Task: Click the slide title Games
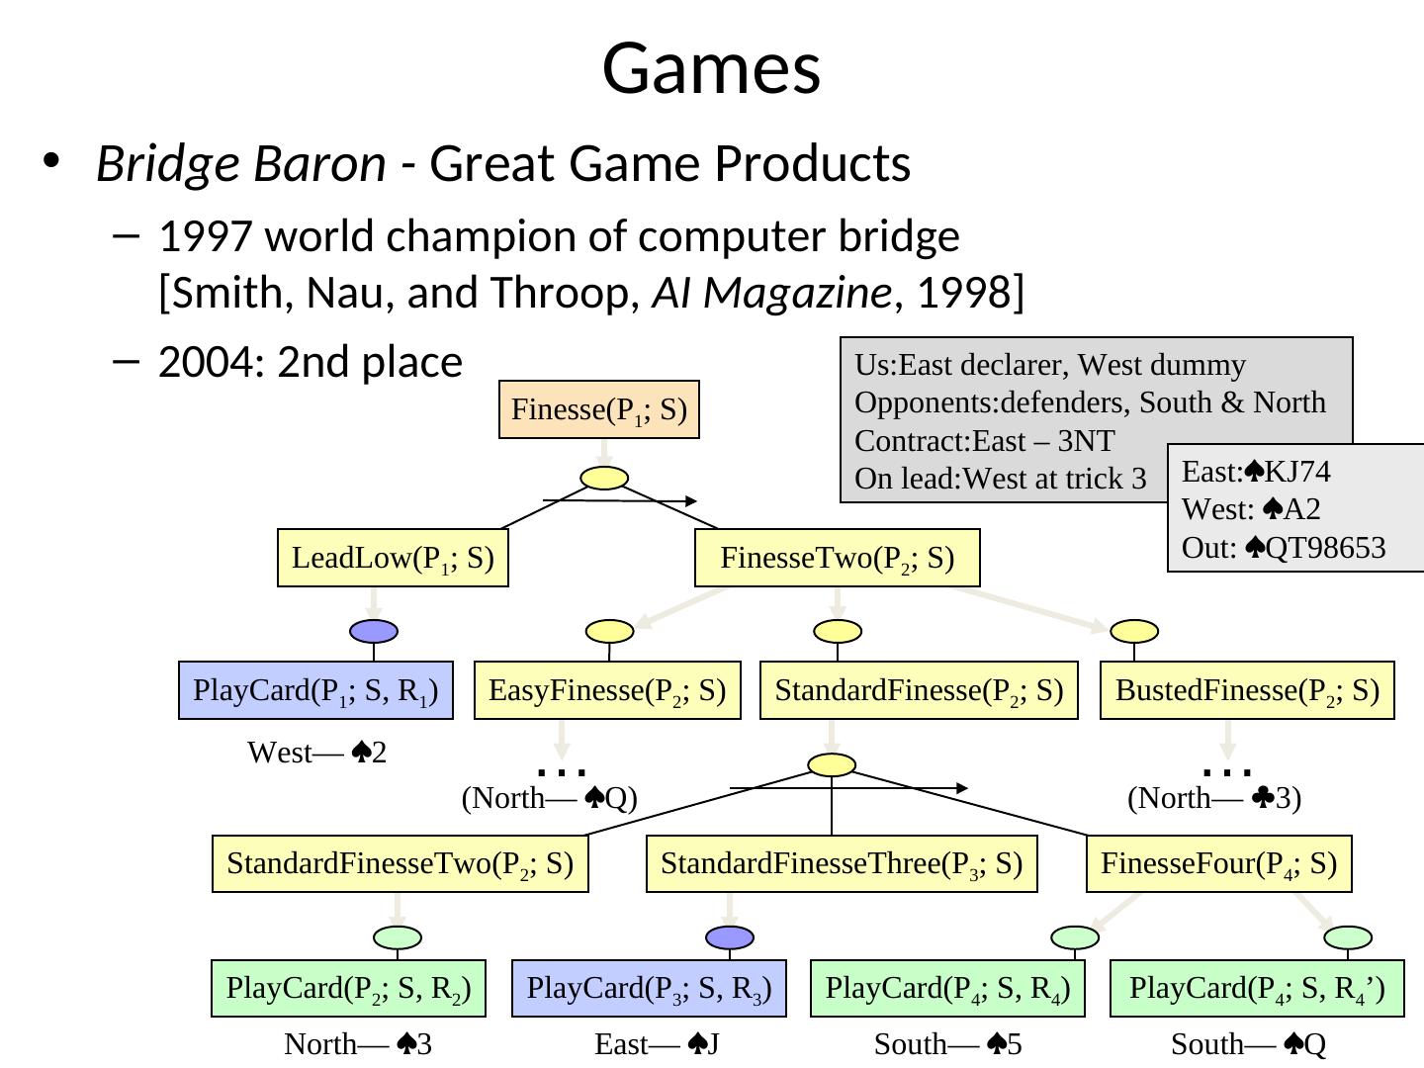pos(711,68)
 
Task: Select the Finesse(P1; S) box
pos(599,408)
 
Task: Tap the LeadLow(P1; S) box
pos(393,559)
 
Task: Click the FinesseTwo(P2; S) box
pos(837,559)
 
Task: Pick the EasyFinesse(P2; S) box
pos(607,689)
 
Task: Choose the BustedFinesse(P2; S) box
pos(1247,689)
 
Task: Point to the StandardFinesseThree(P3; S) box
pos(842,864)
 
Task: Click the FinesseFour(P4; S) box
pos(1218,864)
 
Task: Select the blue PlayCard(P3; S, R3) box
pos(649,988)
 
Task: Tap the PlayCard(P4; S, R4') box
pos(1257,988)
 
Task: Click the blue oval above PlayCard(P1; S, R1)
pos(374,631)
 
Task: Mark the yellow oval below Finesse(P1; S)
pos(604,478)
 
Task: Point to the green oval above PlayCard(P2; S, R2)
pos(398,936)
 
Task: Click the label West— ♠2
pos(316,753)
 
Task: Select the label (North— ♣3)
pos(1214,798)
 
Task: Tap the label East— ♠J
pos(656,1044)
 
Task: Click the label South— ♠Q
pos(1248,1044)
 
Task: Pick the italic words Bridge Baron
pos(240,164)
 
